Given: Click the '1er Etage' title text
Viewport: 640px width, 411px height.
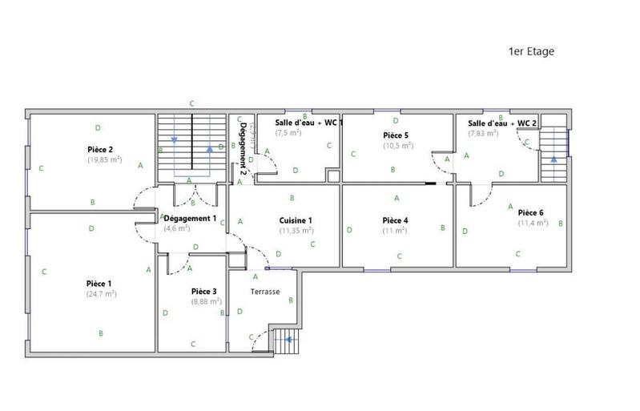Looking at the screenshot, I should tap(531, 51).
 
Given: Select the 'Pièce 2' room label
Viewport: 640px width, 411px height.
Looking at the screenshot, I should tap(100, 149).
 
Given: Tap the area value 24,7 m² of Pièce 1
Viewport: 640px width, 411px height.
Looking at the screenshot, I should tap(101, 294).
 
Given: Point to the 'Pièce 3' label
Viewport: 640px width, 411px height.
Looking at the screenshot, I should tap(204, 292).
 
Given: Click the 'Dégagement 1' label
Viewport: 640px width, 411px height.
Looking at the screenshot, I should tap(190, 218).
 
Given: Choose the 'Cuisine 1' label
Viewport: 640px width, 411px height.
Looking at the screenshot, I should tap(295, 220).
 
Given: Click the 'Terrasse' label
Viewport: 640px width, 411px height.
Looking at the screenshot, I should tap(265, 292).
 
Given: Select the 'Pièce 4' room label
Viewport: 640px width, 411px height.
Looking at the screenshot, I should tap(396, 220).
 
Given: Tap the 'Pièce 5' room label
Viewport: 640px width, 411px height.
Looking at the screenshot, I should tap(396, 135).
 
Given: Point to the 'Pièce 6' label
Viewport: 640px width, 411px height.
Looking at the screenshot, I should tap(531, 212).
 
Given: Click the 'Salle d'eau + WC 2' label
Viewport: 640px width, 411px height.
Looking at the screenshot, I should tap(502, 123).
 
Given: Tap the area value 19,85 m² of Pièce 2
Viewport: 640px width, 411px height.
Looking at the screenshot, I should tap(104, 159).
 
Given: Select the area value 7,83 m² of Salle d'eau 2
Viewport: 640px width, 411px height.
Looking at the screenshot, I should tap(483, 133).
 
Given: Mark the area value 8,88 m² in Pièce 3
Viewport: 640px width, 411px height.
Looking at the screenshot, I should tap(204, 302).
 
